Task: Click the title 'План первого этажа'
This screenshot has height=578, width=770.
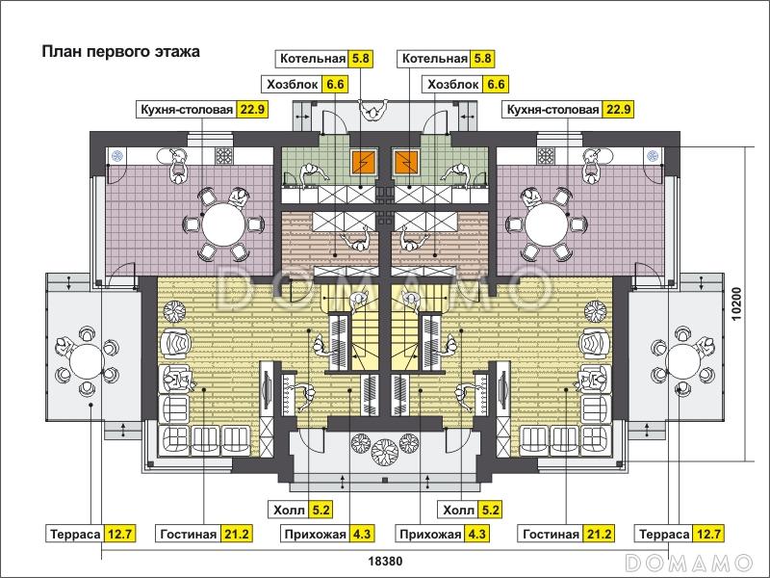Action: pyautogui.click(x=120, y=52)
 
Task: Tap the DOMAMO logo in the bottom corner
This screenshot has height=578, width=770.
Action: pyautogui.click(x=687, y=561)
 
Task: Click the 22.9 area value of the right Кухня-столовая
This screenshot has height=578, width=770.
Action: pyautogui.click(x=617, y=110)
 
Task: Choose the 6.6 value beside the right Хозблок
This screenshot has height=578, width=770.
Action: pyautogui.click(x=496, y=84)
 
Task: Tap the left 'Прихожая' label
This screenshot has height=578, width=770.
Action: pyautogui.click(x=314, y=534)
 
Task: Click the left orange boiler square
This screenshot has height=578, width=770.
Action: pyautogui.click(x=363, y=163)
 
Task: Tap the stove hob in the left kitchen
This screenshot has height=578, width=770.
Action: pyautogui.click(x=224, y=156)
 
